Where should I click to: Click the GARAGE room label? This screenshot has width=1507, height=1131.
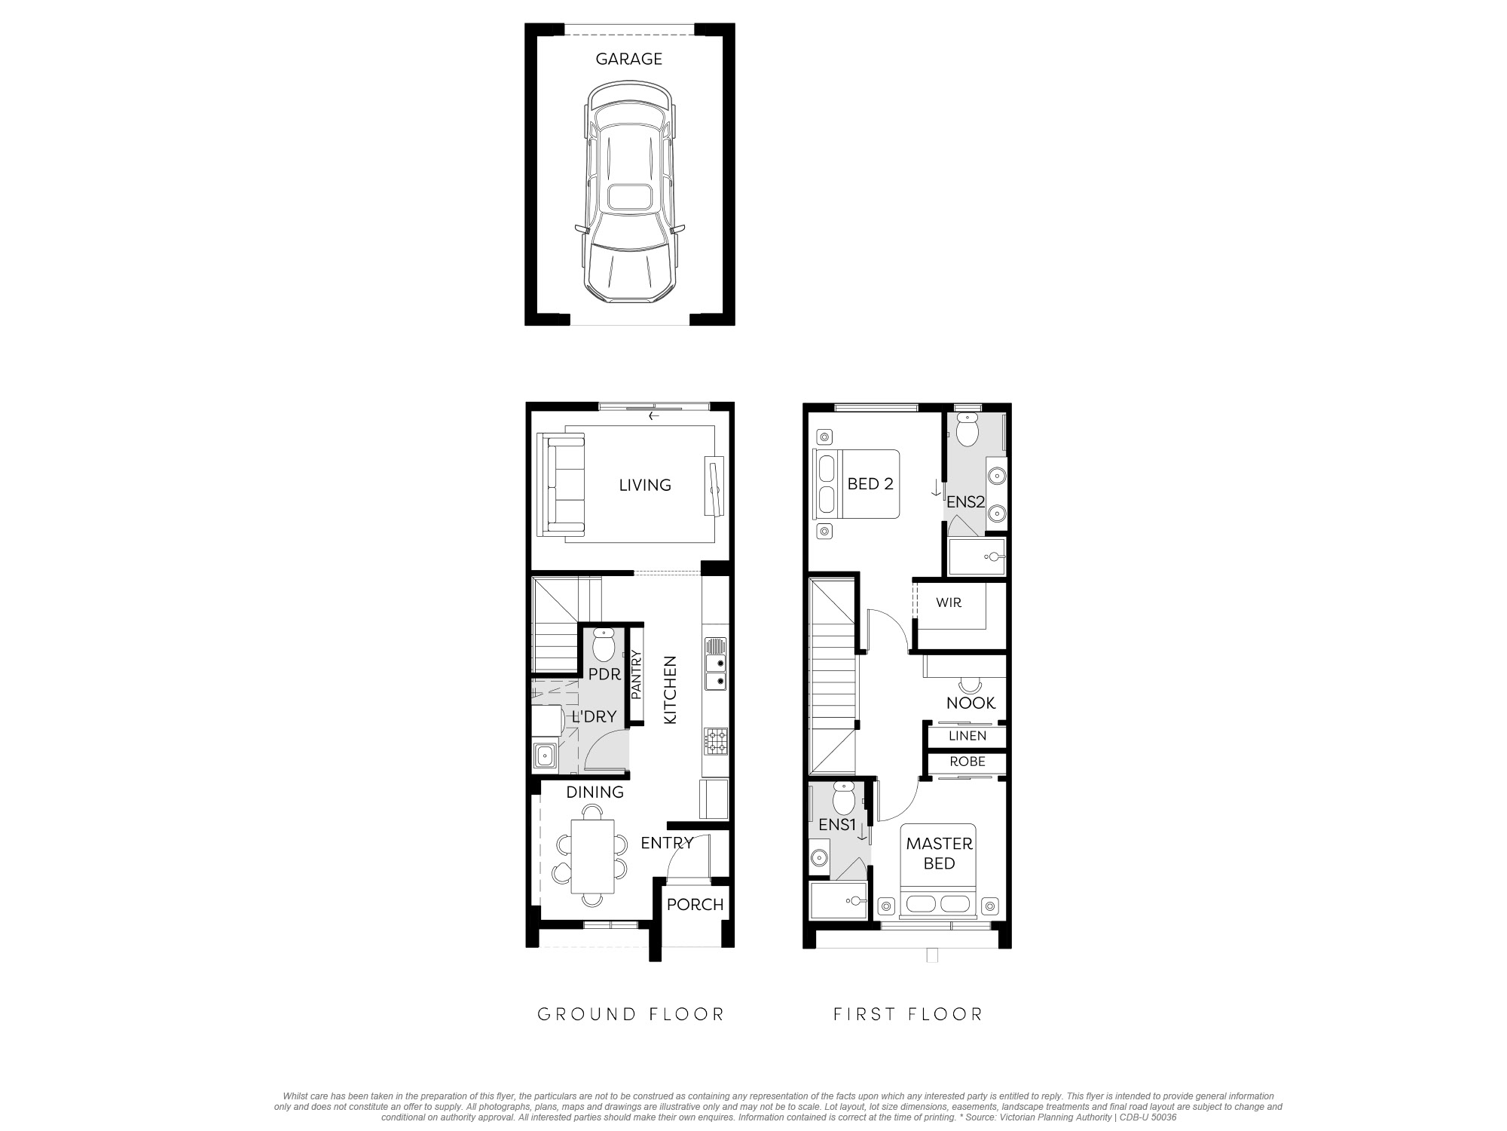pos(629,59)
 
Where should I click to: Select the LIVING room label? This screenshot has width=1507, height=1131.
pos(645,485)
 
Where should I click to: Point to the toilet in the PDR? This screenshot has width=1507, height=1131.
pos(604,645)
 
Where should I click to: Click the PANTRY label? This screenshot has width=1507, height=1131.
pos(635,675)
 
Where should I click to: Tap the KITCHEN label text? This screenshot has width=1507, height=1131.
pos(670,690)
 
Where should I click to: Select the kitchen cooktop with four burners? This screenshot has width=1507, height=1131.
pos(716,741)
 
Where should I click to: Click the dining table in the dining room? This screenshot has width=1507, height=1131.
pos(592,856)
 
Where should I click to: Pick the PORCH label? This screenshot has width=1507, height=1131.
pos(695,905)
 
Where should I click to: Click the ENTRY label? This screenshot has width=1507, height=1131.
pos(667,843)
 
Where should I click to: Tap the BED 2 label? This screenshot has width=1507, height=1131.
pos(870,484)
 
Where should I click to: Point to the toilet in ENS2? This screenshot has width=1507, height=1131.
pos(966,431)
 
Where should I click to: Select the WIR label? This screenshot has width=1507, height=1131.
pos(949,603)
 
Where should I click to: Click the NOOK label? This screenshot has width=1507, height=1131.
pos(971,703)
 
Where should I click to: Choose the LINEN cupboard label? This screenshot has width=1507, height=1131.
pos(967,736)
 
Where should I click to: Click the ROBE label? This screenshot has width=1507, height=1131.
pos(967,762)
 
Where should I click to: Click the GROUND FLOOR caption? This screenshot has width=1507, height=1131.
pos(631,1014)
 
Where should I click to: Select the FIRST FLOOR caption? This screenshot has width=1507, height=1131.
pos(908,1014)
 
